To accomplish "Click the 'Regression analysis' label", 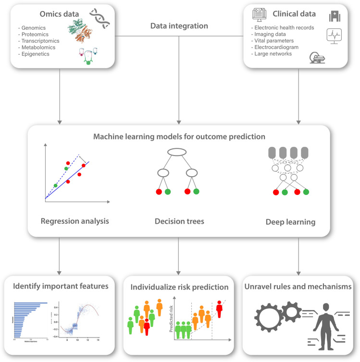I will [75, 221].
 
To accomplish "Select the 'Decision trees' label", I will [179, 222].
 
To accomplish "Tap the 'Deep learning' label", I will [291, 222].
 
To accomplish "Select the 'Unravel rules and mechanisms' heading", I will [298, 287].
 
